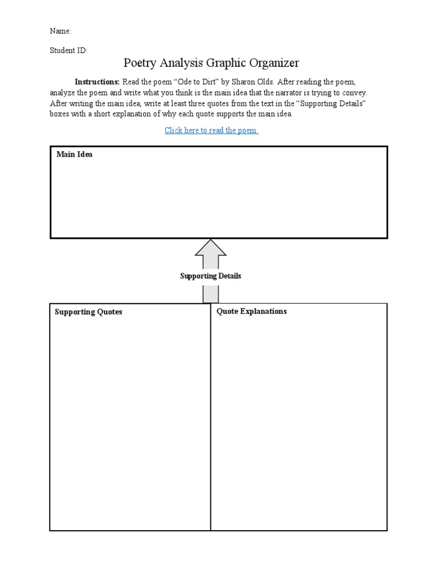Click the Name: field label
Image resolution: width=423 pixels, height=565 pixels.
[61, 31]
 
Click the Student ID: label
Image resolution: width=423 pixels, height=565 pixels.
[68, 50]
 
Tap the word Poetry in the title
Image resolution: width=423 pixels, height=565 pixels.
[140, 63]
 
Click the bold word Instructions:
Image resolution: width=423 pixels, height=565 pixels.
[97, 81]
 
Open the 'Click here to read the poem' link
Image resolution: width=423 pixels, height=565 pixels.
[211, 130]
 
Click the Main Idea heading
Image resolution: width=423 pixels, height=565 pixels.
[74, 154]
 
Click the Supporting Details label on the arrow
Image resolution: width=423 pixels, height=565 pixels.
[210, 276]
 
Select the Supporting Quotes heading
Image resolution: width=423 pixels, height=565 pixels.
[88, 312]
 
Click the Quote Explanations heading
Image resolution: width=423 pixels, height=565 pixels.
[251, 312]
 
